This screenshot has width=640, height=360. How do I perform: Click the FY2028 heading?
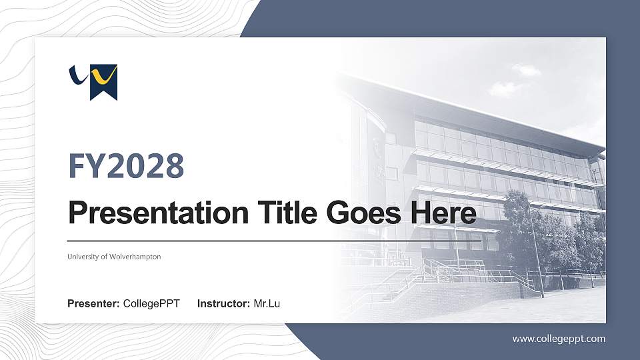tap(126, 166)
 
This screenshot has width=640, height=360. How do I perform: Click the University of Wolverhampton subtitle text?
tap(114, 257)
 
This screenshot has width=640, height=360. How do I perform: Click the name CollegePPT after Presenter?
tap(151, 304)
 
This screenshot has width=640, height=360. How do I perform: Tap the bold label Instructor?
tap(224, 304)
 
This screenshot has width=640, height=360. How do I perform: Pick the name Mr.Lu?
tap(267, 304)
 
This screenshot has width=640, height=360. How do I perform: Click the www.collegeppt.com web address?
tap(559, 339)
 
